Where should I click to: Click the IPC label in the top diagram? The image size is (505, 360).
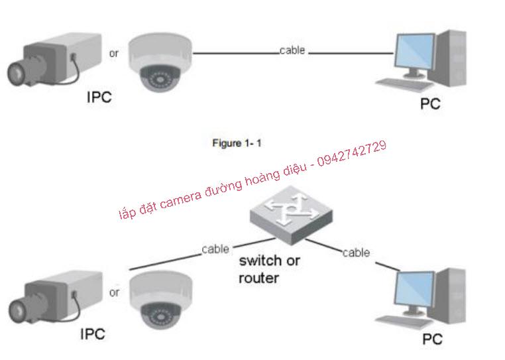[99, 97]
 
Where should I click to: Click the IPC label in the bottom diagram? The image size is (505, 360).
[92, 333]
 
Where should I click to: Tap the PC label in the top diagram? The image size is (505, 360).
[430, 103]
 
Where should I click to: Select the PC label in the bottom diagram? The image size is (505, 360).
[432, 339]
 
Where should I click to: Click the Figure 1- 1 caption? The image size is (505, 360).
[237, 143]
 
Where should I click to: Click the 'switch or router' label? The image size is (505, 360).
[268, 269]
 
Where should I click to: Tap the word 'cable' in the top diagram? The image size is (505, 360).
[292, 50]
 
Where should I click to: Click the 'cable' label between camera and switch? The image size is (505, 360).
[215, 249]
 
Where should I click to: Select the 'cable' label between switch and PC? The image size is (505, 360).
[356, 253]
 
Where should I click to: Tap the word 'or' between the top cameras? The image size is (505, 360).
[114, 54]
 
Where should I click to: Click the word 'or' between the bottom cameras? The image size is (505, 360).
[114, 292]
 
